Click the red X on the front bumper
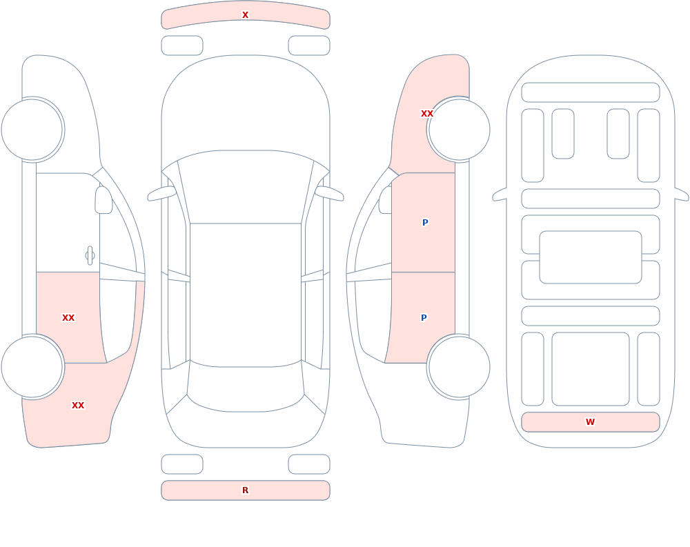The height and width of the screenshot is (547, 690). (x=245, y=15)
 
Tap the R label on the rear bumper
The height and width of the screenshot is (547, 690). (x=245, y=490)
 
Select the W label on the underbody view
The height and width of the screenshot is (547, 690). (x=590, y=422)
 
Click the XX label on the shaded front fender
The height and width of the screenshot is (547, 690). (x=427, y=114)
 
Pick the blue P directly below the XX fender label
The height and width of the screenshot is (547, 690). (x=425, y=223)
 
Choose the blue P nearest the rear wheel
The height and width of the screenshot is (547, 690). (x=424, y=318)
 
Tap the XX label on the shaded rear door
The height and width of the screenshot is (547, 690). (x=68, y=318)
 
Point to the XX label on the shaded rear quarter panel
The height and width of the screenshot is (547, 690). (x=78, y=406)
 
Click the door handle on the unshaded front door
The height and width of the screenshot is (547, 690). (x=90, y=256)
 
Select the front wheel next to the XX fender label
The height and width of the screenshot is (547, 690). (x=459, y=130)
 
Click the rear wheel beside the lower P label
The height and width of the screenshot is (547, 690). (x=459, y=367)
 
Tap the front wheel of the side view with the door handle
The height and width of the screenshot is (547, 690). (x=32, y=130)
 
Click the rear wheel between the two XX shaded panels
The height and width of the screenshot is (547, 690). (x=32, y=367)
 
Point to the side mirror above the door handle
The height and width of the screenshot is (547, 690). (x=103, y=200)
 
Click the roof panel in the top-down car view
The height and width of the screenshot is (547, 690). (x=246, y=295)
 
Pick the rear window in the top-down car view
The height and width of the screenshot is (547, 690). (x=246, y=387)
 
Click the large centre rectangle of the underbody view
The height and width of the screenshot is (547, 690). (x=591, y=257)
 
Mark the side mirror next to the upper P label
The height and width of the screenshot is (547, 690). (x=386, y=200)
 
